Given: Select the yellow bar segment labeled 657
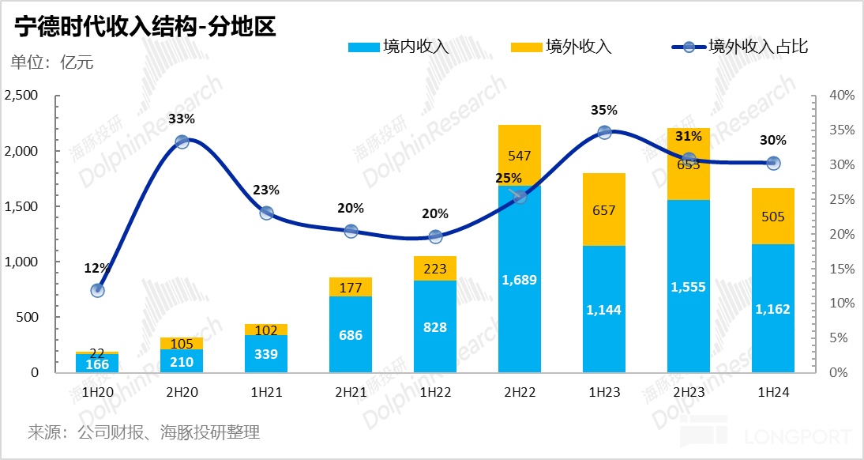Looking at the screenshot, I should tap(604, 209).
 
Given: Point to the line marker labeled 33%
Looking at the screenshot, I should tap(182, 141).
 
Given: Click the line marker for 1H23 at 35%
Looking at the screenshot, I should tap(604, 132).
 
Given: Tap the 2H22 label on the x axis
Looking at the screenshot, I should tap(520, 391).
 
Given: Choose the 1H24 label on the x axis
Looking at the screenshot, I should tap(773, 391).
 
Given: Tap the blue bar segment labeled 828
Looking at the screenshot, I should tap(435, 326).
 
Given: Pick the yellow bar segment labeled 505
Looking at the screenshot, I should tap(773, 217).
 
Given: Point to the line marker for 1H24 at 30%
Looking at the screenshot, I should tap(773, 164).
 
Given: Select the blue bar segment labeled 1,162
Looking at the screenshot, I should tap(773, 308).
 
